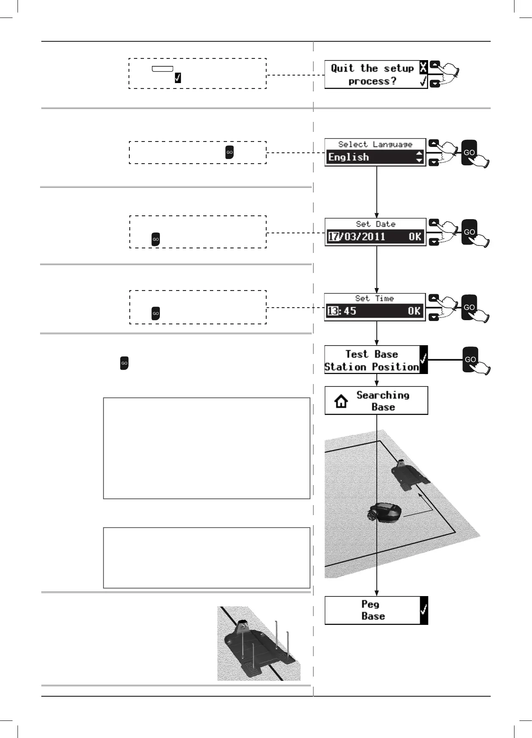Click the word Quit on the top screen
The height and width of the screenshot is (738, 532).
tap(342, 68)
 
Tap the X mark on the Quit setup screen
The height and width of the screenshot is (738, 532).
tap(423, 67)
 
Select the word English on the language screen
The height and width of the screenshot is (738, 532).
tap(348, 157)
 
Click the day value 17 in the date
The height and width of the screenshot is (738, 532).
tap(333, 237)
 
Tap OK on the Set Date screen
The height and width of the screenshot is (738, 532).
tap(415, 237)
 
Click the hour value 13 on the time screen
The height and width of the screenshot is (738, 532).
tap(333, 311)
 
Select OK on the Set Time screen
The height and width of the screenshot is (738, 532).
tap(414, 311)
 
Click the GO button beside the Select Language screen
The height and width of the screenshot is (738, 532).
tap(469, 152)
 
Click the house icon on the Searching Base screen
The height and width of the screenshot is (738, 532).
tap(341, 401)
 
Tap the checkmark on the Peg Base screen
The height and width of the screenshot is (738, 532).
tap(424, 610)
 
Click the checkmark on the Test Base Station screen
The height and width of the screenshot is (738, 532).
tap(424, 359)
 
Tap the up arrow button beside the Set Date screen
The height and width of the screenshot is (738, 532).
tap(434, 222)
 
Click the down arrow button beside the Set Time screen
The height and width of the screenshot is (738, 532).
tap(434, 318)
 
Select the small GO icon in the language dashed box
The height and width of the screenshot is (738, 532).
tap(229, 152)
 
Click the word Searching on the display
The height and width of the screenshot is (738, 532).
tap(383, 395)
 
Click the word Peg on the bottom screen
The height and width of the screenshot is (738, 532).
tap(370, 604)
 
